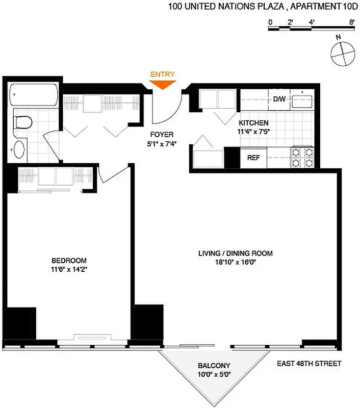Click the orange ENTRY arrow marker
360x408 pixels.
(x=163, y=85)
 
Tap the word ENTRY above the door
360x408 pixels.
(x=162, y=74)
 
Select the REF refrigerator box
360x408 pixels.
(x=253, y=158)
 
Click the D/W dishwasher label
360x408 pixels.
(x=279, y=99)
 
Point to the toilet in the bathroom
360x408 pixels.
(x=22, y=122)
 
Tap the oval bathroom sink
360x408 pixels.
(x=19, y=149)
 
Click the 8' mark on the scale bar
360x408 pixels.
(x=352, y=22)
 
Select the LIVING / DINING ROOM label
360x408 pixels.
(x=235, y=253)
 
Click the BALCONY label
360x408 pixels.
(x=214, y=366)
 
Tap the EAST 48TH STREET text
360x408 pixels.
(x=309, y=364)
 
